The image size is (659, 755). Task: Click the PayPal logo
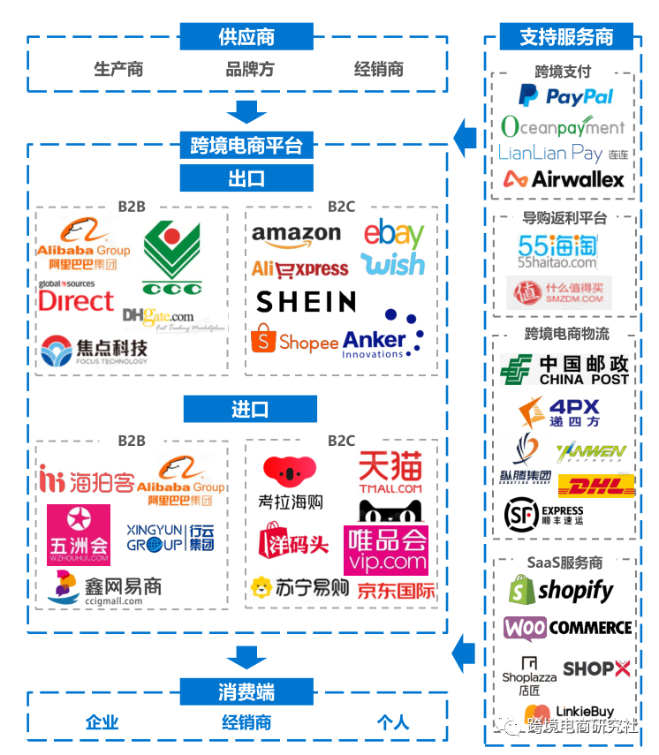(x=565, y=95)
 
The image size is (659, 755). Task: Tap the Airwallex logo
(x=564, y=179)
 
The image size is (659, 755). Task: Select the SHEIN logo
(x=306, y=302)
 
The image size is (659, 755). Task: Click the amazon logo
(x=296, y=236)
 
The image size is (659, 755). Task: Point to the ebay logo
(x=394, y=234)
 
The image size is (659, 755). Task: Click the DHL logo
(x=596, y=485)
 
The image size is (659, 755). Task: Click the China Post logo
(x=565, y=369)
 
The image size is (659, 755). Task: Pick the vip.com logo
(x=387, y=550)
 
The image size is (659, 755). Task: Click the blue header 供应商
(x=246, y=37)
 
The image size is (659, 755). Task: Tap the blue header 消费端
(x=246, y=691)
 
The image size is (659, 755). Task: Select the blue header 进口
(x=248, y=410)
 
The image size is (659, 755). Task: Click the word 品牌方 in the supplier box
(x=250, y=69)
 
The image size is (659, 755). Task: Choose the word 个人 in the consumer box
(x=392, y=722)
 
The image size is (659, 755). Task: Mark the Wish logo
(x=393, y=264)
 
